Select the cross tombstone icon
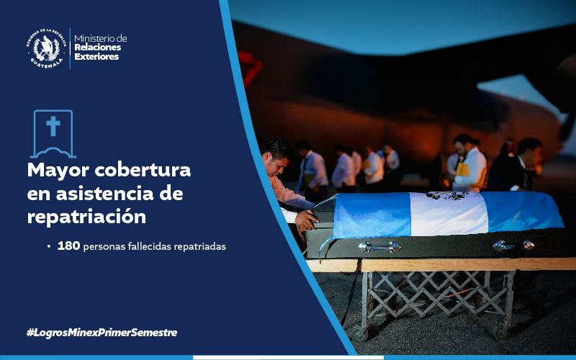53,133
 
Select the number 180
68,246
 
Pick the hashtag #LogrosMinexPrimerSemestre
102,333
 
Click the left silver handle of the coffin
379,247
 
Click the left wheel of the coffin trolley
360,333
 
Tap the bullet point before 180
49,246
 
